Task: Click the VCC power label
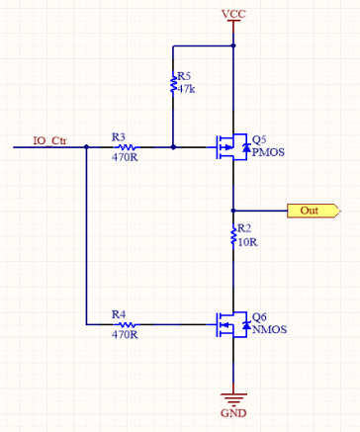pos(233,14)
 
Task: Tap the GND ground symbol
pos(233,399)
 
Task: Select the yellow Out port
pos(314,211)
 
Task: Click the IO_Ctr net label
pos(49,140)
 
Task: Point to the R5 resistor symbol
pos(173,84)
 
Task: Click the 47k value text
pos(186,89)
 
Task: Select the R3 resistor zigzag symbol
pos(126,147)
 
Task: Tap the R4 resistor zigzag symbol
pos(126,324)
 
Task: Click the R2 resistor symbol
pos(233,236)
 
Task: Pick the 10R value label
pos(247,242)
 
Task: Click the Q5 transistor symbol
pos(231,147)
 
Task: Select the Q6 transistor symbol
pos(231,325)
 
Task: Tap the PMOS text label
pos(268,152)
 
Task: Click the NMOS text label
pos(269,329)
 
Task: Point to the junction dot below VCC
pos(233,45)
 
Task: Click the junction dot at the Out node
pos(233,211)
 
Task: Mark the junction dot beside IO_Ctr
pos(86,147)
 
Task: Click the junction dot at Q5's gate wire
pos(173,147)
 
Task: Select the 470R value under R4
pos(125,335)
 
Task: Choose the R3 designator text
pos(119,136)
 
